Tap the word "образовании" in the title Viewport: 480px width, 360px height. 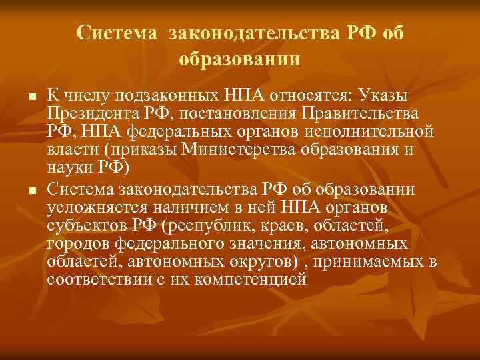click(239, 59)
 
